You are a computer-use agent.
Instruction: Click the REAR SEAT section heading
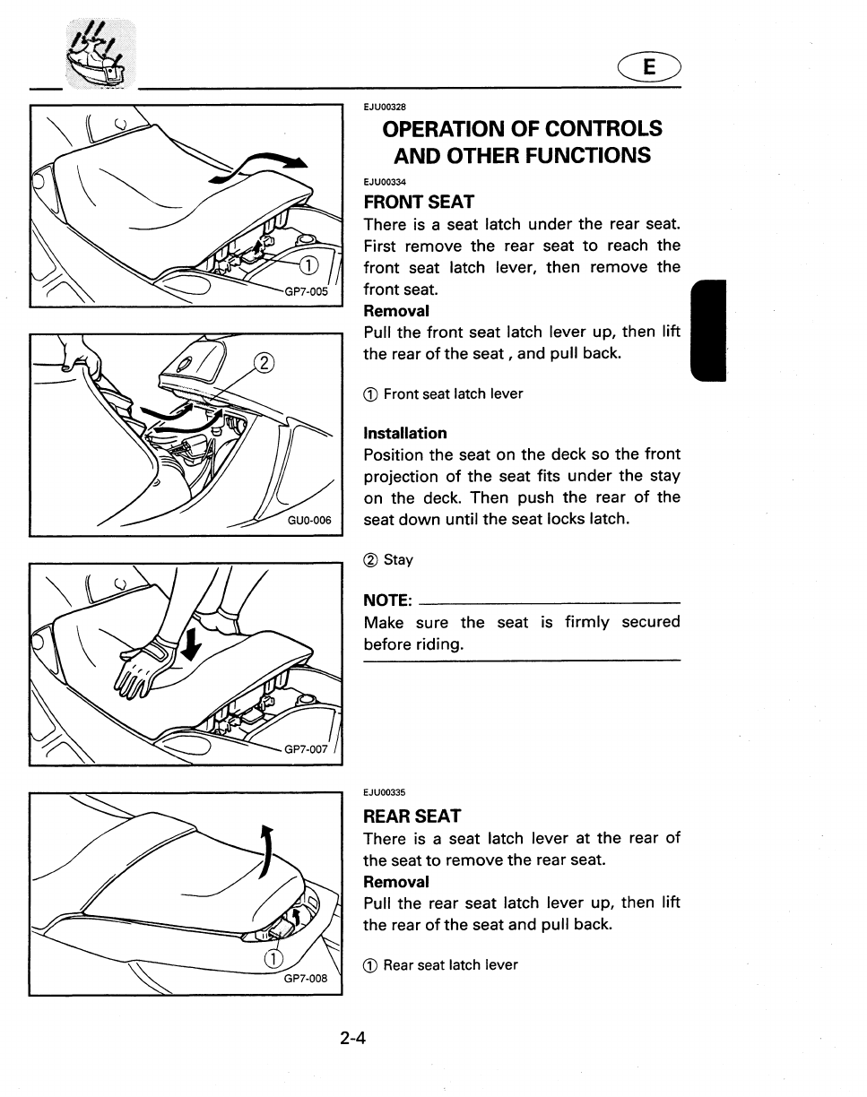[412, 816]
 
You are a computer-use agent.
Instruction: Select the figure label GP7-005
[307, 291]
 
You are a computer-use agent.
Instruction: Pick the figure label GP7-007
[307, 749]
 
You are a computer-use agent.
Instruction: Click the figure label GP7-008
[307, 978]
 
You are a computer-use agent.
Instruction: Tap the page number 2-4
[354, 1039]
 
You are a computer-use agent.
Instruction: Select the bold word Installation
[405, 433]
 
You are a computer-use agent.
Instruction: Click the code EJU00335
[385, 792]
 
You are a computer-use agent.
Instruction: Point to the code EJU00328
[385, 106]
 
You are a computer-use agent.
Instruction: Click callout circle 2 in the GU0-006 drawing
[262, 363]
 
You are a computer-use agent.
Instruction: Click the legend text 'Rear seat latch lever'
[450, 965]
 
